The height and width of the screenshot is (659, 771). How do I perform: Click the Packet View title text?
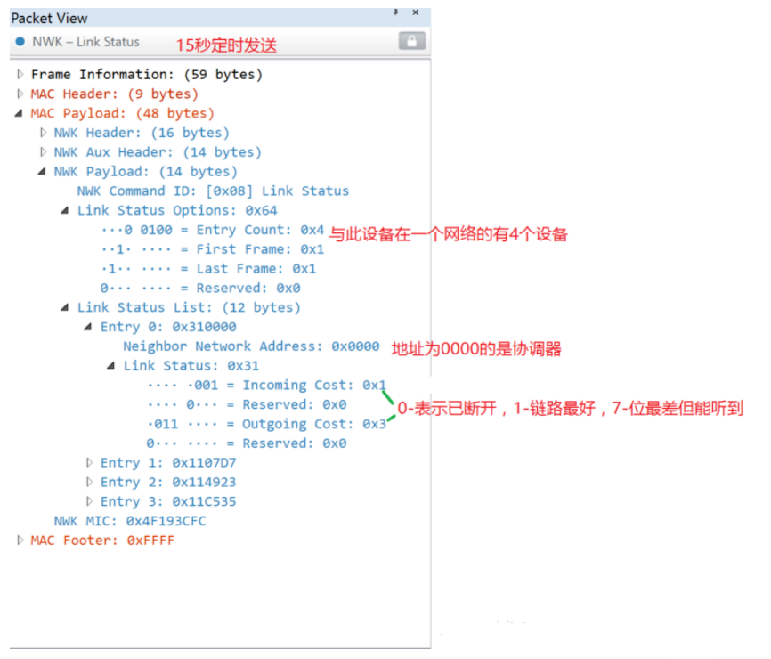pyautogui.click(x=49, y=18)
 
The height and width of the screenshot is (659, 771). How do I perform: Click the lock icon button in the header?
pyautogui.click(x=411, y=41)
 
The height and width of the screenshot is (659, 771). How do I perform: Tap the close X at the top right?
pyautogui.click(x=416, y=12)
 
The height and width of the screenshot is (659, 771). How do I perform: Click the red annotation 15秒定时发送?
pyautogui.click(x=226, y=45)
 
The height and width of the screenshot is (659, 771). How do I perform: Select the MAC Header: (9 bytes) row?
pyautogui.click(x=114, y=94)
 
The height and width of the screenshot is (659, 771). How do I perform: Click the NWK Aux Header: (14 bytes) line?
pyautogui.click(x=158, y=152)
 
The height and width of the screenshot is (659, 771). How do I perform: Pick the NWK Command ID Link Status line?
pyautogui.click(x=213, y=191)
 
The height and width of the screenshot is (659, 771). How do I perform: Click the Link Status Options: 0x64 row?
pyautogui.click(x=177, y=210)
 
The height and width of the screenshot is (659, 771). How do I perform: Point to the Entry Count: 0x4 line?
pyautogui.click(x=213, y=230)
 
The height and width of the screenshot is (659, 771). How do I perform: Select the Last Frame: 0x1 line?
pyautogui.click(x=213, y=268)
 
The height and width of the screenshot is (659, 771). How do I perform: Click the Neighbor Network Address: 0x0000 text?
pyautogui.click(x=251, y=346)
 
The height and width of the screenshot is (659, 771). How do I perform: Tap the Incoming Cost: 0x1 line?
pyautogui.click(x=267, y=385)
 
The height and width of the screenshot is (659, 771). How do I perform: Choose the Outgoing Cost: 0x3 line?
pyautogui.click(x=267, y=424)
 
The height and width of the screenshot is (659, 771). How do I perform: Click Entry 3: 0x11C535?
pyautogui.click(x=168, y=501)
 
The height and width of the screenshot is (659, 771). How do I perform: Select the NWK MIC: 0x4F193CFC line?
pyautogui.click(x=130, y=521)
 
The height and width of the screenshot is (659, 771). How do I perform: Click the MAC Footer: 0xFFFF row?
pyautogui.click(x=102, y=541)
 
